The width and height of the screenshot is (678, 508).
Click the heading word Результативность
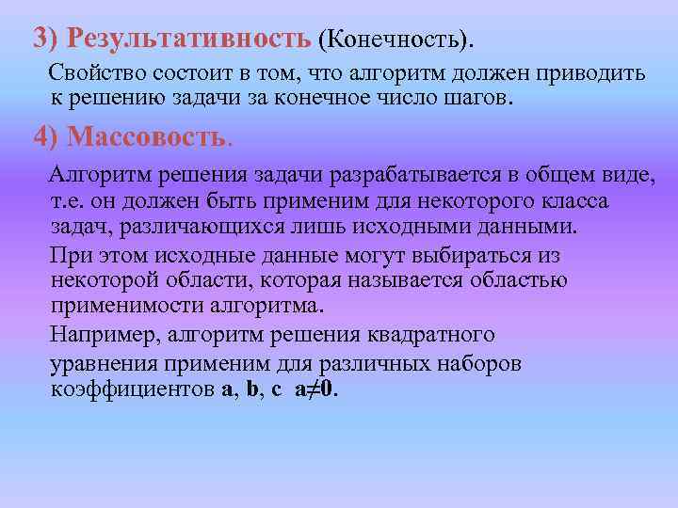[x=197, y=39]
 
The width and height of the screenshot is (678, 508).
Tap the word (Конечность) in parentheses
[x=396, y=40]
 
